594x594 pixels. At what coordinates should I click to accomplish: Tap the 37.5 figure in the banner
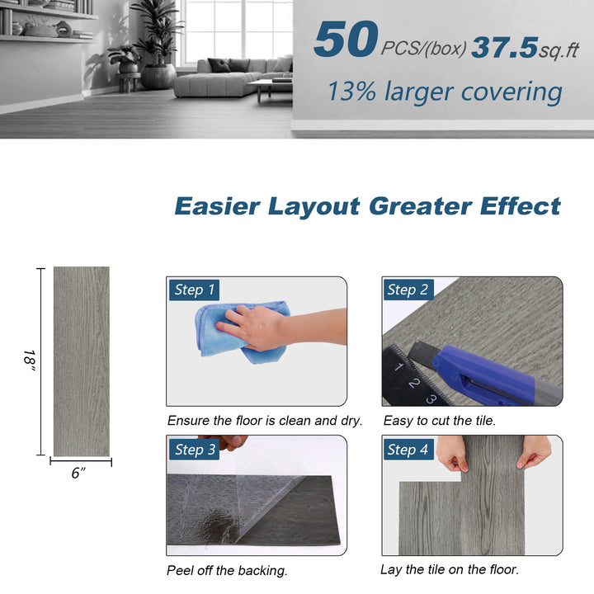click(x=504, y=47)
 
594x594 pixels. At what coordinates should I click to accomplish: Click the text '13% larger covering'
click(x=445, y=91)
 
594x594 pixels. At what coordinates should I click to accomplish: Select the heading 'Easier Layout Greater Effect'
click(x=367, y=205)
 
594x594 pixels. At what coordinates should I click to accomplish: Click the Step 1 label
click(x=195, y=290)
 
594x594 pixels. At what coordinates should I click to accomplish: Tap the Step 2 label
click(x=408, y=290)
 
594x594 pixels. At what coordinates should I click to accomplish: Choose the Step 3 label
click(x=195, y=450)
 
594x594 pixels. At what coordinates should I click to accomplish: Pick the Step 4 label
click(x=408, y=450)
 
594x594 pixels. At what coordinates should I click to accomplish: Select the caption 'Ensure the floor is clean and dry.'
click(x=265, y=421)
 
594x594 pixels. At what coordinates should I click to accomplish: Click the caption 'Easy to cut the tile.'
click(x=440, y=421)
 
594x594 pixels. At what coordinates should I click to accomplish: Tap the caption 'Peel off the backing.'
click(x=227, y=570)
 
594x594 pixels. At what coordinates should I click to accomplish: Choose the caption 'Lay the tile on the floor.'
click(x=450, y=569)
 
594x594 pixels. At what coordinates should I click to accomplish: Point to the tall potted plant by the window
click(x=157, y=41)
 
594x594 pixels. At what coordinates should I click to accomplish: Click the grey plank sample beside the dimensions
click(x=81, y=361)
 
